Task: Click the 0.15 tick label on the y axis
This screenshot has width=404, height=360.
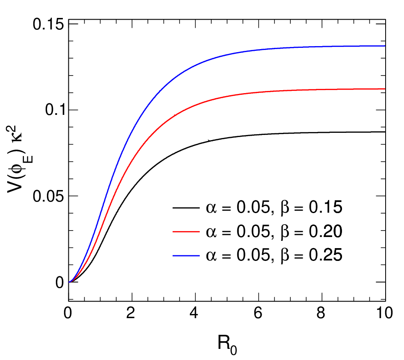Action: coord(48,24)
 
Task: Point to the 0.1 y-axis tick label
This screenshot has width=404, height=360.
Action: coord(54,110)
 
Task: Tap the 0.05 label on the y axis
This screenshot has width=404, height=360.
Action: coord(48,196)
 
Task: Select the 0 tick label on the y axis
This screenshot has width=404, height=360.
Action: coord(59,282)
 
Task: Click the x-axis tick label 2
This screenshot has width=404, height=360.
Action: coord(131,313)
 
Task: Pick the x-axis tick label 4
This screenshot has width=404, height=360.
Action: coord(194,313)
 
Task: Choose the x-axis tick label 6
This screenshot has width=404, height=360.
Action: coord(258,313)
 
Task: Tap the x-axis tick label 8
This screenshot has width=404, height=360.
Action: coord(321,313)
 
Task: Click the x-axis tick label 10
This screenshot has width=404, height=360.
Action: coord(385,313)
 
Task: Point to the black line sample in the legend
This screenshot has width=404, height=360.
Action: coord(186,208)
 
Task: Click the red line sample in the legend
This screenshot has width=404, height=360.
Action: coord(186,231)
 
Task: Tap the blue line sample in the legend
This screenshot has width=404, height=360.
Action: coord(186,255)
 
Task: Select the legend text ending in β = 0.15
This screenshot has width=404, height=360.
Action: coord(274,208)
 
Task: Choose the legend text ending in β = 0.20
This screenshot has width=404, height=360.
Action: coord(274,231)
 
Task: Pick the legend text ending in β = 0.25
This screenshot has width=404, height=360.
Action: coord(274,255)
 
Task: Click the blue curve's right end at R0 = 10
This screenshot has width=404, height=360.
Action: coord(385,46)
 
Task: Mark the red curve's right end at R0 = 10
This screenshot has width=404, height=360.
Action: coord(385,89)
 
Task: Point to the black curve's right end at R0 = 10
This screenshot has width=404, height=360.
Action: coord(385,132)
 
